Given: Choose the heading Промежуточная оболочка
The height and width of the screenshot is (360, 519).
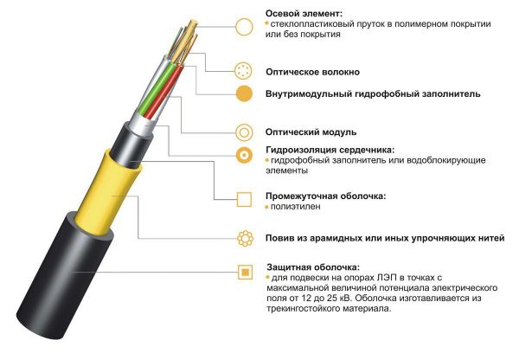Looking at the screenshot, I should pos(324,195).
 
